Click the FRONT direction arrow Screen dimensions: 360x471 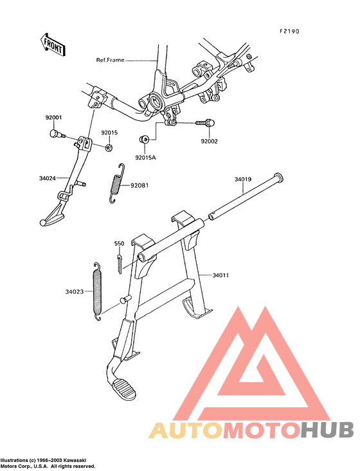(53, 44)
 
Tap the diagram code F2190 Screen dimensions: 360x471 (289, 32)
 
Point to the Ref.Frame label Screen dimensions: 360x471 (110, 60)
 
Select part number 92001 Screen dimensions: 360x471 (54, 118)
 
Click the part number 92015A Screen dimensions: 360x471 (145, 158)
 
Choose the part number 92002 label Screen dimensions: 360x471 (210, 141)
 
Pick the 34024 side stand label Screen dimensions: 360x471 (48, 178)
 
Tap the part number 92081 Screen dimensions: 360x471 (139, 185)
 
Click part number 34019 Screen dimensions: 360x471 (243, 180)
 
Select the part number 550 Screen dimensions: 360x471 (119, 243)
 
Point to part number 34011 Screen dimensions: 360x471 (221, 275)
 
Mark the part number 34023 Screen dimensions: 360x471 (75, 291)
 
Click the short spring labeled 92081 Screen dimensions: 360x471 (117, 183)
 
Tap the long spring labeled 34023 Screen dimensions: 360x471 (97, 291)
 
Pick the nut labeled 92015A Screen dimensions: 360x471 (145, 140)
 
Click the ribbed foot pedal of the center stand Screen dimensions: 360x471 (123, 389)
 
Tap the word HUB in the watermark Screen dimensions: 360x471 (328, 430)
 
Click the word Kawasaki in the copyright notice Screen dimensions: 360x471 (77, 460)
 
